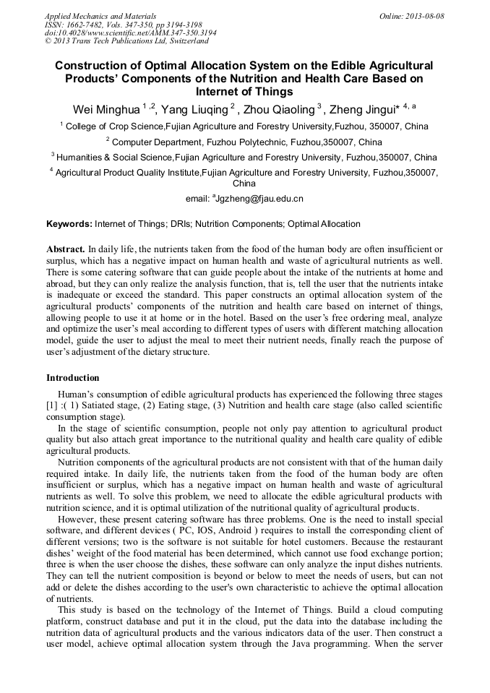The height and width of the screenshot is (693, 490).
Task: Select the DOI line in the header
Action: tap(130, 33)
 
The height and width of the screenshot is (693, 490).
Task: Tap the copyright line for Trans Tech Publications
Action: tap(126, 41)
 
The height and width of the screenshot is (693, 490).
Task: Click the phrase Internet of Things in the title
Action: tap(244, 92)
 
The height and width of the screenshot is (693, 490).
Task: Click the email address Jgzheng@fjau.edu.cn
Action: tap(261, 198)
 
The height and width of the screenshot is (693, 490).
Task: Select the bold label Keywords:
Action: tap(70, 224)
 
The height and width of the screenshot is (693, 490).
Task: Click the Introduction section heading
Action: tap(73, 378)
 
